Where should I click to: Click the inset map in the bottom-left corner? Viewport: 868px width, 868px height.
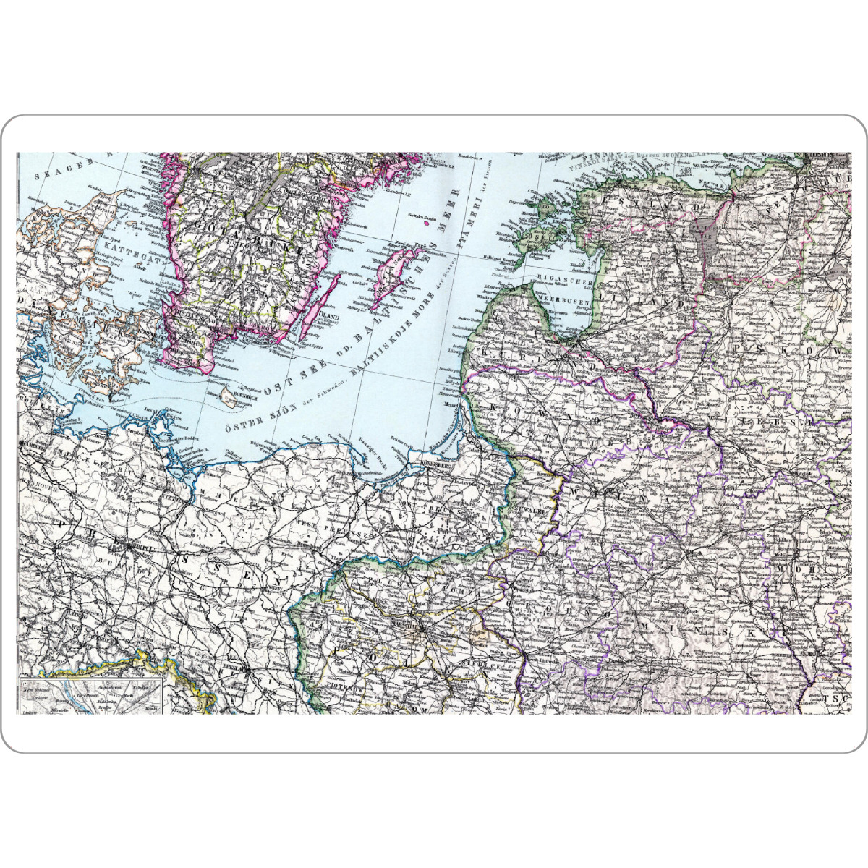click(90, 695)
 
